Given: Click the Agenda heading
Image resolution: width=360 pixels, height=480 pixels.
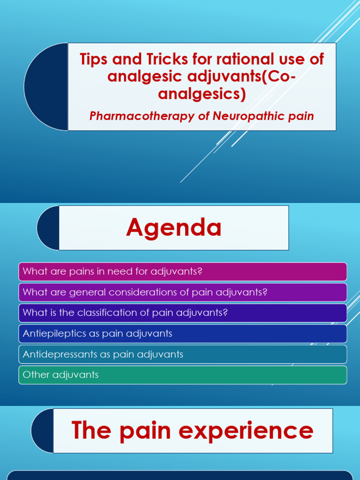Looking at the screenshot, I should pos(174,228).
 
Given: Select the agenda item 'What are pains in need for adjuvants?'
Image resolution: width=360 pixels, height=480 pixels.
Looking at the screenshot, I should pos(182,272).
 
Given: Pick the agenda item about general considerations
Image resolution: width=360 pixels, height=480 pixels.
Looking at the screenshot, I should pos(182,292).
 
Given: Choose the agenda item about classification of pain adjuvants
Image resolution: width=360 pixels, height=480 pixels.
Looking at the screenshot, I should pos(182,313).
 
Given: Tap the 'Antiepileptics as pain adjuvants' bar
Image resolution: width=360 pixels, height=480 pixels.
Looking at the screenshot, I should pos(182,334).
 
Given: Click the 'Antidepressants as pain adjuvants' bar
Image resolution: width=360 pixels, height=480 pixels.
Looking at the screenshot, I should pos(182,354).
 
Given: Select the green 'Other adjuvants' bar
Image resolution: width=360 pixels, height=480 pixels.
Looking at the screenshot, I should pos(182,375).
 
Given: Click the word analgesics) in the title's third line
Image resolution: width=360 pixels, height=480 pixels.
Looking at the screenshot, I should pos(202,94).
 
